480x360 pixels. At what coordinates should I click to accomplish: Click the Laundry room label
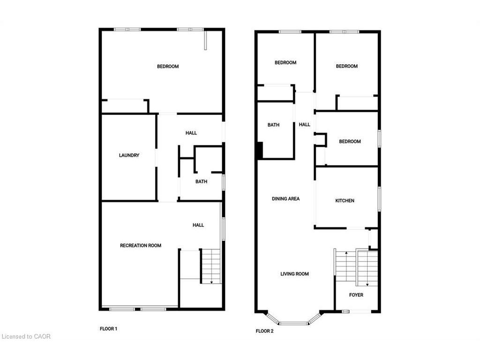pyautogui.click(x=129, y=155)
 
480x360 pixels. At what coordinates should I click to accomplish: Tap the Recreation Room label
pyautogui.click(x=141, y=246)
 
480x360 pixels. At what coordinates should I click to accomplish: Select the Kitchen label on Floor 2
pyautogui.click(x=345, y=201)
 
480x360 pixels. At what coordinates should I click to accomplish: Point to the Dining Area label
pyautogui.click(x=285, y=199)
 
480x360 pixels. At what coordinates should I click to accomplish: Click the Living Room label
pyautogui.click(x=294, y=274)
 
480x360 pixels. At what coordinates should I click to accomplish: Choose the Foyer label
pyautogui.click(x=356, y=295)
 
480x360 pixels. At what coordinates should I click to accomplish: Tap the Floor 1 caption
pyautogui.click(x=109, y=329)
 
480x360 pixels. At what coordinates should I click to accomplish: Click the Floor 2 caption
pyautogui.click(x=264, y=331)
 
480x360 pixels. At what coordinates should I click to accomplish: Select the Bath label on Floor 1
pyautogui.click(x=202, y=181)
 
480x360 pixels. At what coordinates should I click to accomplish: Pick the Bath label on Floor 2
pyautogui.click(x=273, y=125)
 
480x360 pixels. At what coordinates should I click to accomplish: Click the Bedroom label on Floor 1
pyautogui.click(x=168, y=67)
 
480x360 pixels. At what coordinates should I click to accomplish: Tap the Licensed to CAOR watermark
pyautogui.click(x=26, y=336)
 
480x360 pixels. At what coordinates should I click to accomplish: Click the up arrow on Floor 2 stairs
pyautogui.click(x=345, y=254)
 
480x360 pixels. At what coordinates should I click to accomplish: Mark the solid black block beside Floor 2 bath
pyautogui.click(x=259, y=151)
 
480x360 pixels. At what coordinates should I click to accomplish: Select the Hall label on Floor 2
pyautogui.click(x=305, y=125)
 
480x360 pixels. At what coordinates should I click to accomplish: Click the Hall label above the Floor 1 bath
pyautogui.click(x=191, y=133)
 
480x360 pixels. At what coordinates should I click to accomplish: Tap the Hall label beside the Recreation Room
pyautogui.click(x=198, y=225)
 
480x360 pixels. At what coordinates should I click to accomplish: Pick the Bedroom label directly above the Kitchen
pyautogui.click(x=350, y=142)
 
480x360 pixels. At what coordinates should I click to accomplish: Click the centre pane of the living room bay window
pyautogui.click(x=294, y=323)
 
